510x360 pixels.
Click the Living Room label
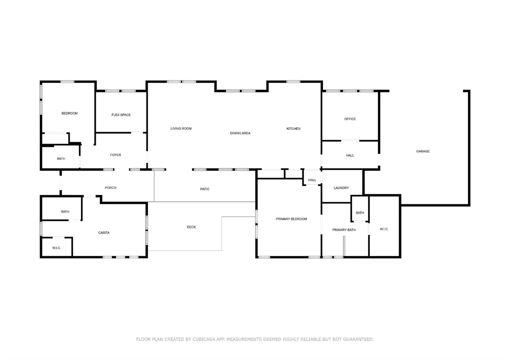pyautogui.click(x=181, y=129)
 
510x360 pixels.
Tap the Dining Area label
pyautogui.click(x=240, y=134)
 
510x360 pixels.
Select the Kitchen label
pyautogui.click(x=293, y=129)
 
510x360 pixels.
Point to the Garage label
pyautogui.click(x=423, y=151)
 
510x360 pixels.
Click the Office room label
pyautogui.click(x=350, y=119)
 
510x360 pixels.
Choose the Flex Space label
pyautogui.click(x=121, y=115)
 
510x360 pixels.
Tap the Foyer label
pyautogui.click(x=116, y=155)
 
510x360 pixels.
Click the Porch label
pyautogui.click(x=110, y=188)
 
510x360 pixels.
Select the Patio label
pyautogui.click(x=204, y=189)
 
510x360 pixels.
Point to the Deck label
pyautogui.click(x=191, y=227)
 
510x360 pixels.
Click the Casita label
pyautogui.click(x=104, y=232)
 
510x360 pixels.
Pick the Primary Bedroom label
pyautogui.click(x=291, y=219)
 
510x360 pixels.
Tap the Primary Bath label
pyautogui.click(x=344, y=230)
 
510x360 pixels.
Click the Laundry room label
pyautogui.click(x=341, y=188)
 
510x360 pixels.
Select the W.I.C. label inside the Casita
pyautogui.click(x=57, y=248)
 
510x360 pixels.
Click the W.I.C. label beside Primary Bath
pyautogui.click(x=384, y=229)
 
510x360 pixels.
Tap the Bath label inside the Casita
pyautogui.click(x=65, y=212)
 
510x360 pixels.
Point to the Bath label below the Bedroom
pyautogui.click(x=61, y=159)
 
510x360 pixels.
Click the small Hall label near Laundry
pyautogui.click(x=312, y=180)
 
